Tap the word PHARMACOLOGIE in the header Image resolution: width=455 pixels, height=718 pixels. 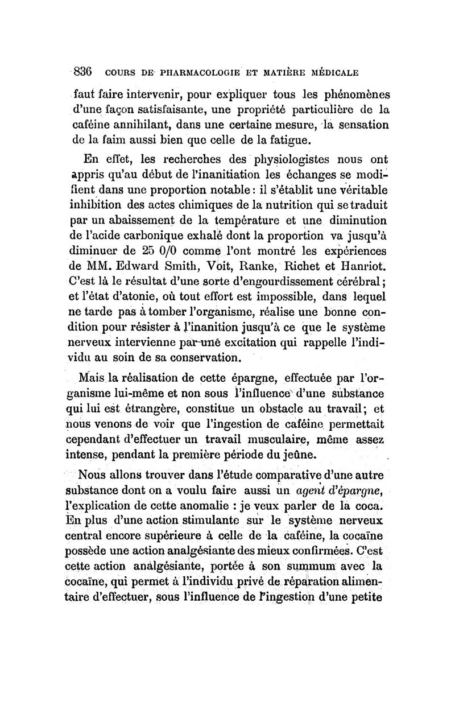180,73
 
